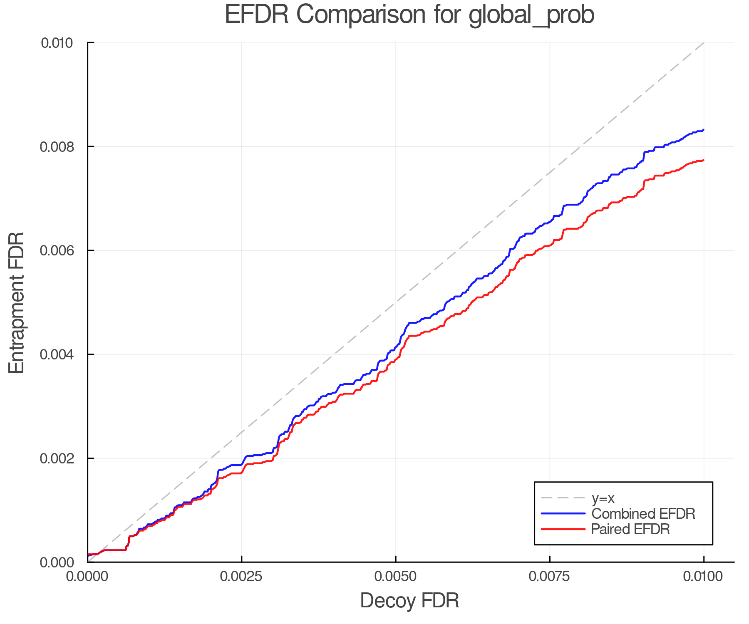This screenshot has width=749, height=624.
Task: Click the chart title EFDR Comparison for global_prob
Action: (409, 15)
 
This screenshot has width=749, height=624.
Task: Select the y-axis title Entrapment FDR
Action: (17, 302)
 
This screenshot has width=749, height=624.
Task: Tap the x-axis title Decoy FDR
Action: (409, 600)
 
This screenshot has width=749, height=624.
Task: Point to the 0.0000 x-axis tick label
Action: (87, 576)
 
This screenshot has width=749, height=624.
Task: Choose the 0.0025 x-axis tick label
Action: (241, 576)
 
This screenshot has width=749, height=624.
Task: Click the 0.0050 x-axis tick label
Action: (396, 576)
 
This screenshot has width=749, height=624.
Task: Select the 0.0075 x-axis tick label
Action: (550, 576)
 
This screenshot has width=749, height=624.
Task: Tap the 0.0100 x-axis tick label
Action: (704, 576)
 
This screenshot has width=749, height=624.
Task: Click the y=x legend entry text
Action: (603, 498)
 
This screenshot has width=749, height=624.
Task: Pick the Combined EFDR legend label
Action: (643, 514)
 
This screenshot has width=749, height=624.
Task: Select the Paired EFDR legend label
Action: (630, 529)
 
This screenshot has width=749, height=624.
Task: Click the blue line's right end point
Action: (703, 130)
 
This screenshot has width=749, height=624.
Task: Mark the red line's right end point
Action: (703, 160)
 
